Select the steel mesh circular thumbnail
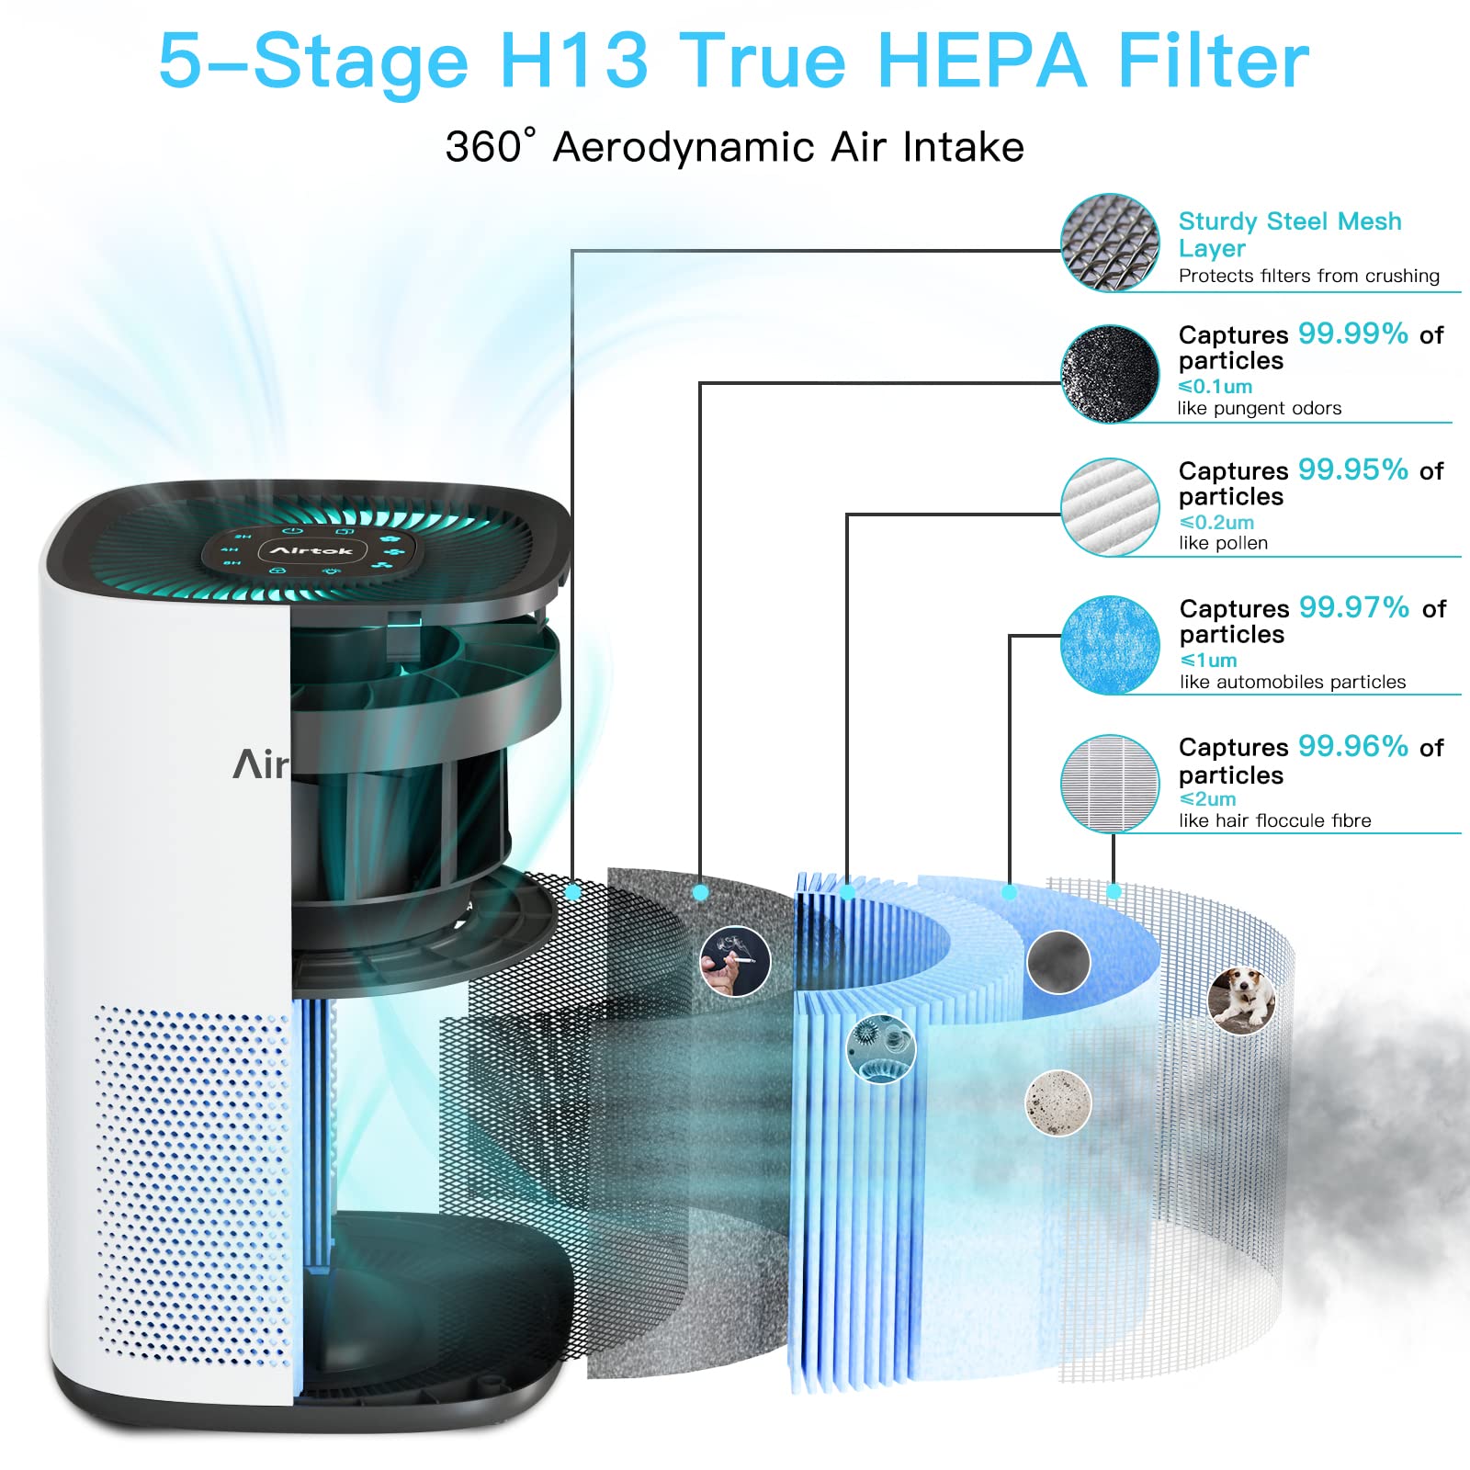pos(1110,243)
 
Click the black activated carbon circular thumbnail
pos(1110,374)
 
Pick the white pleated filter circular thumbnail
pos(1110,507)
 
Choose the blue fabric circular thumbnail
pos(1110,645)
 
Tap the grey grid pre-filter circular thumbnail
pos(1110,784)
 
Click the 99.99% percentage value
pos(1353,334)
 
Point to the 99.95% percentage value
pos(1353,469)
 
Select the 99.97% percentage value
pos(1354,607)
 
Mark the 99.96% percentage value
pos(1353,746)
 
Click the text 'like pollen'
pos(1223,543)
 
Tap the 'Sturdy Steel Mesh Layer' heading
pos(1290,234)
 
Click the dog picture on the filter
pos(1242,1001)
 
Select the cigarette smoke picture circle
pos(735,961)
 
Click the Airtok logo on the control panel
pos(311,550)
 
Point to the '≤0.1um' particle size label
pos(1216,387)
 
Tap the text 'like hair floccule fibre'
pos(1275,820)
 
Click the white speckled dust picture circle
pos(1058,1102)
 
